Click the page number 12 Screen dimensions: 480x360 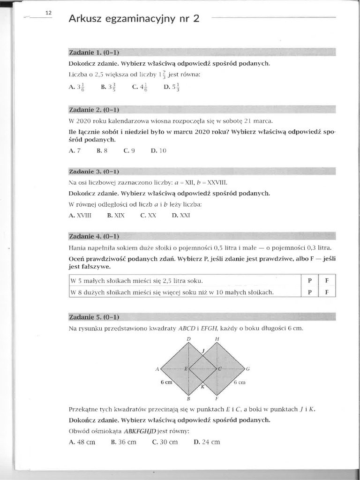pos(48,13)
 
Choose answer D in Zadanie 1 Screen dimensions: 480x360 pos(172,87)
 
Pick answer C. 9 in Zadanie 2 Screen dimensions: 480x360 pos(129,151)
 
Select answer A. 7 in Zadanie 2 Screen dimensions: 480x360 pos(75,151)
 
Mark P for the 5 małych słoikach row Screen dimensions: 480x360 pos(310,280)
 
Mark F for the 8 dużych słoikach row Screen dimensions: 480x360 pos(327,292)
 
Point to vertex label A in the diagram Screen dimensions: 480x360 pos(157,369)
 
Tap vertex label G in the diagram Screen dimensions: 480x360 pos(248,369)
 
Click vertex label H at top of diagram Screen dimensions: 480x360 pos(217,338)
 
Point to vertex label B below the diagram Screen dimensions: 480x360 pos(188,399)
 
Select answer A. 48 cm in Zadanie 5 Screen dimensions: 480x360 pos(82,442)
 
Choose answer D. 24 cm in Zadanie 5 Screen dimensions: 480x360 pos(207,442)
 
